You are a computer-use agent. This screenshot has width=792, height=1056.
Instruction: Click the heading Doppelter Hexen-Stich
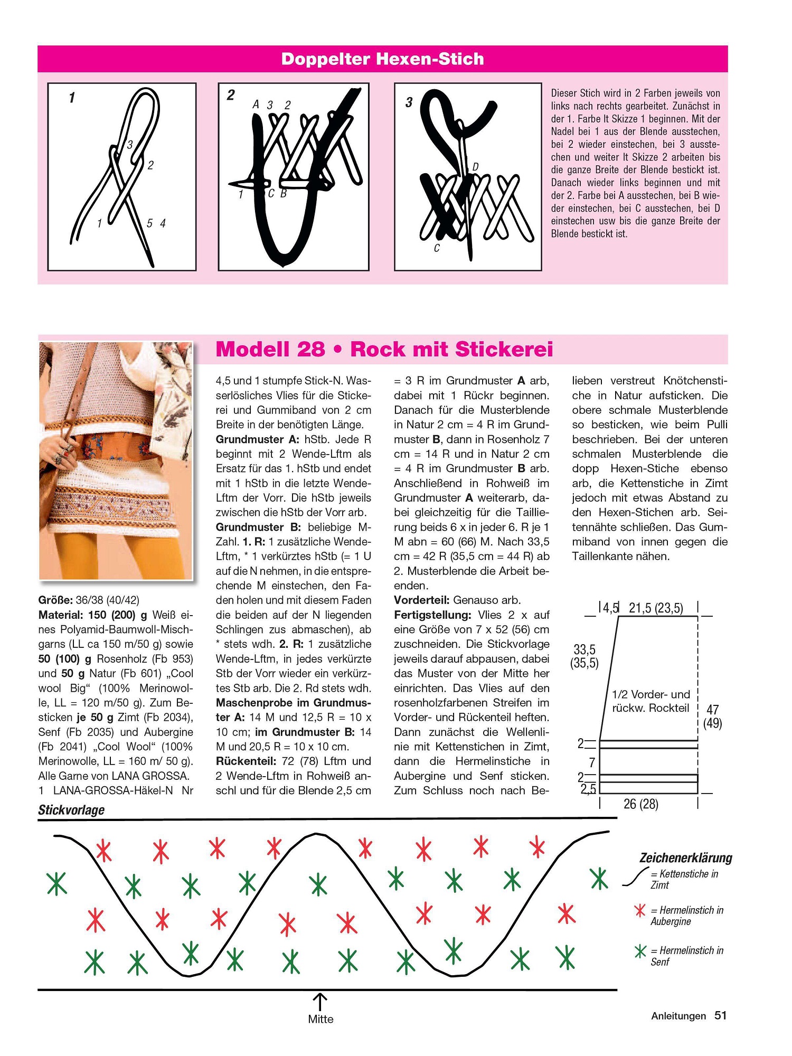(382, 59)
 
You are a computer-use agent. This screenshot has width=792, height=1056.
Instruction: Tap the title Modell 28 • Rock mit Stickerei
(384, 349)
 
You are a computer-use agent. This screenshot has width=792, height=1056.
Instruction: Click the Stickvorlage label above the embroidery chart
(71, 810)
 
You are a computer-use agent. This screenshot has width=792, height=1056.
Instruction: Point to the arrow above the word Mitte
(320, 1001)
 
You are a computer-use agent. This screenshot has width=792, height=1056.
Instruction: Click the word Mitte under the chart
(320, 1019)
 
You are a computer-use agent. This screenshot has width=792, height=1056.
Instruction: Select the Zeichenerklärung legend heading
(685, 857)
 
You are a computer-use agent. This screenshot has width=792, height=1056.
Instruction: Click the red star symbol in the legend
(640, 910)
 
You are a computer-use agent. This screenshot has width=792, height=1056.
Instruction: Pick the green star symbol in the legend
(640, 951)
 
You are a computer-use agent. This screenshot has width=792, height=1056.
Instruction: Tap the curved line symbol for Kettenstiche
(635, 876)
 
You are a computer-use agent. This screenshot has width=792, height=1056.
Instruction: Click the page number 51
(720, 1015)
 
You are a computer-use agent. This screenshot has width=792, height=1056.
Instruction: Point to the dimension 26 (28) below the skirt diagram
(640, 804)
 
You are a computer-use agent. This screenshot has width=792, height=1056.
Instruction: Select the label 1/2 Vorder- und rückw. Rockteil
(650, 701)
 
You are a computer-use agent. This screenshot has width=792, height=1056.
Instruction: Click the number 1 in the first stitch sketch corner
(72, 98)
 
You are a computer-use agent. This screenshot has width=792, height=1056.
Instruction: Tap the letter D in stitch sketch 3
(475, 167)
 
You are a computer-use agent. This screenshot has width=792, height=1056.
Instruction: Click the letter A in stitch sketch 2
(256, 105)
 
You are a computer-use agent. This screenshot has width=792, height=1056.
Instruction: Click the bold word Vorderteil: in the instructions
(421, 600)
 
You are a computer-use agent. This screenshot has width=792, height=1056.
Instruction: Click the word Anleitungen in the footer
(678, 1016)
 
